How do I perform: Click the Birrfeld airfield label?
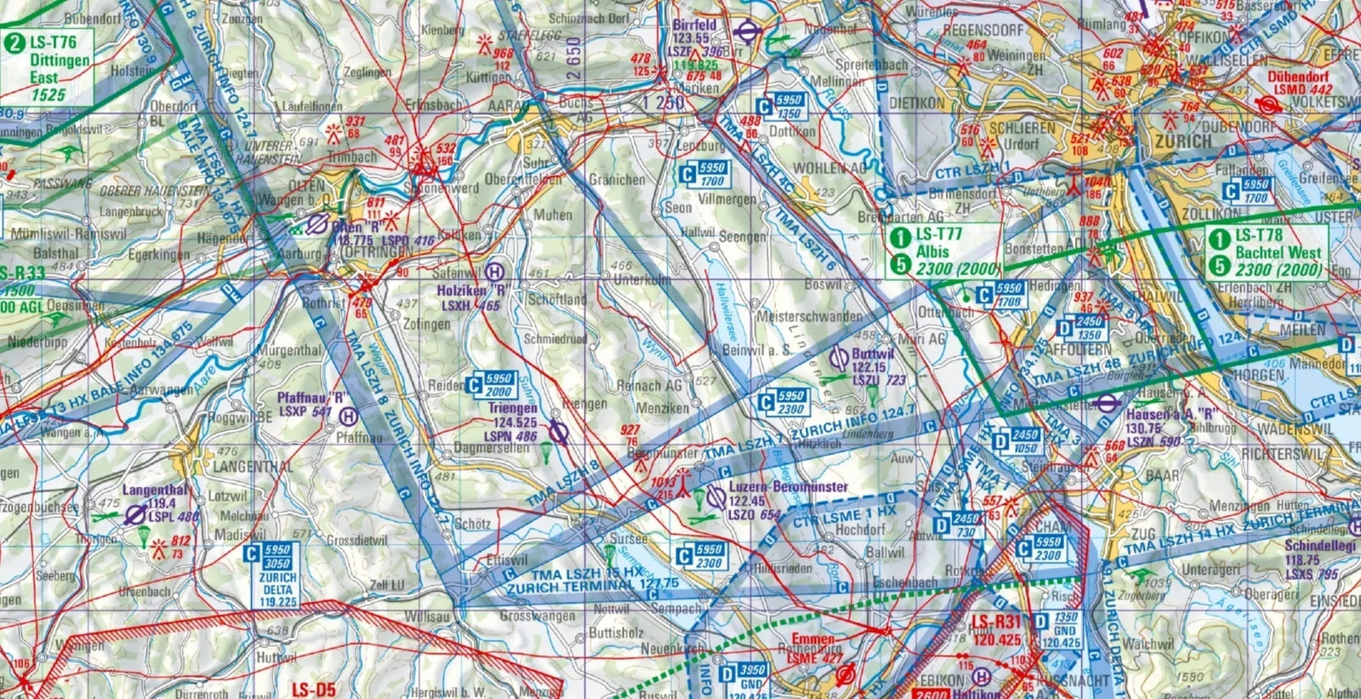click(693, 26)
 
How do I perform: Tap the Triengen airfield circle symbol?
click(558, 434)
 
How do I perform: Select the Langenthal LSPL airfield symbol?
click(134, 514)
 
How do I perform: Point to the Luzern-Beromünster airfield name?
click(789, 487)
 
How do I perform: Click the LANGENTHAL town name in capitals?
click(253, 467)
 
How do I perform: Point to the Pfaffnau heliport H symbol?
click(347, 416)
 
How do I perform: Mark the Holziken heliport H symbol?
click(495, 272)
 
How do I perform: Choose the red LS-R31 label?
click(996, 622)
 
